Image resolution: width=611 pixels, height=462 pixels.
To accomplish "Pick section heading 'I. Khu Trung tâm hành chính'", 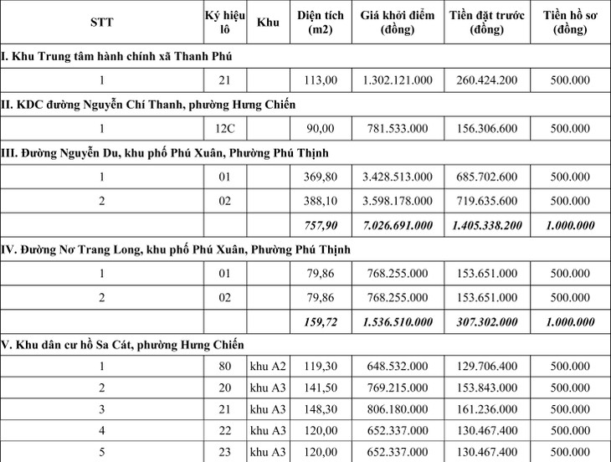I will coord(117,56).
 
